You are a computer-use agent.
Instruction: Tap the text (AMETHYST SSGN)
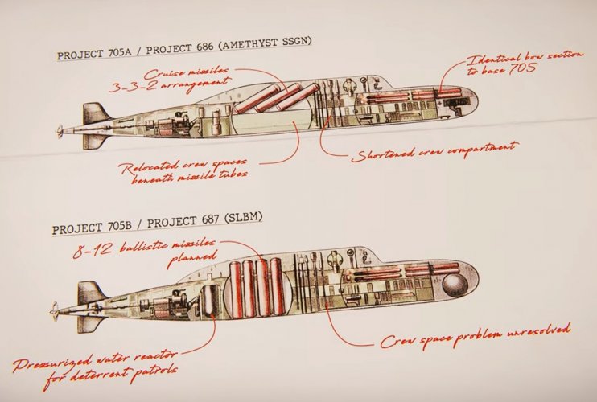click(265, 43)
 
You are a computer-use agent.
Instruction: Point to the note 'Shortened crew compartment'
click(434, 151)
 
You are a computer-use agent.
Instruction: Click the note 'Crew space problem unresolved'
click(476, 335)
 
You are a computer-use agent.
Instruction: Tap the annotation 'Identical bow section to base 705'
click(524, 63)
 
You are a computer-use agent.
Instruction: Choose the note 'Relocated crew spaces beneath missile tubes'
click(183, 170)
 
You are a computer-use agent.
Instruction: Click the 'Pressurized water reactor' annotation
click(94, 366)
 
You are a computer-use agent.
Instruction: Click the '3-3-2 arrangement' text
click(170, 85)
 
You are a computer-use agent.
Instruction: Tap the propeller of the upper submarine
click(60, 132)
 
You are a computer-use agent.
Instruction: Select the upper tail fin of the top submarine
click(94, 113)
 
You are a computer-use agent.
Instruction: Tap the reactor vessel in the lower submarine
click(210, 301)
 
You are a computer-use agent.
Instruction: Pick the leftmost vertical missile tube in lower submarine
click(237, 288)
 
